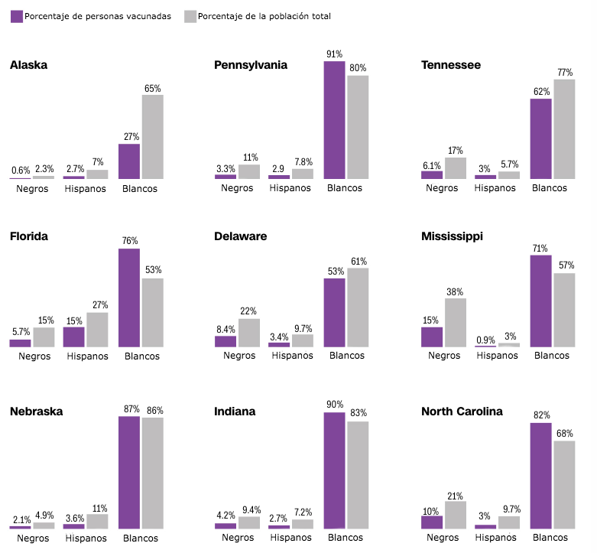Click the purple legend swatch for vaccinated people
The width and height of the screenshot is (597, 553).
[16, 15]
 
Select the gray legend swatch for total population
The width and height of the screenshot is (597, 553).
[190, 15]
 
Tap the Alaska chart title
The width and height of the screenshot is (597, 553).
[28, 65]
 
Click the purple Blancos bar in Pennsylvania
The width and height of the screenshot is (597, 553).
[334, 120]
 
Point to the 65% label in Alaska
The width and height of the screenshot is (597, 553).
[152, 89]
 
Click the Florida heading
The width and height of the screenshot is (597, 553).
[29, 236]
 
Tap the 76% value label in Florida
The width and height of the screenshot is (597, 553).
[129, 241]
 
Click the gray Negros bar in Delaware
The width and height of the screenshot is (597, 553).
[248, 333]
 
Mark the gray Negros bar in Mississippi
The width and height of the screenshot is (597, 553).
[455, 323]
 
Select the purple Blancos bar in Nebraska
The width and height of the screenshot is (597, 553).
[129, 473]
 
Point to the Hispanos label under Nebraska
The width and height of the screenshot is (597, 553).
[86, 538]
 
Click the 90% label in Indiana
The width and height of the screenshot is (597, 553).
[334, 405]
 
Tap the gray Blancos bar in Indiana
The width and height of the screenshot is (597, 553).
[358, 475]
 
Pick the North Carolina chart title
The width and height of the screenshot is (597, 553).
[462, 411]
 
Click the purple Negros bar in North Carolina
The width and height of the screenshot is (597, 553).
[432, 522]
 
